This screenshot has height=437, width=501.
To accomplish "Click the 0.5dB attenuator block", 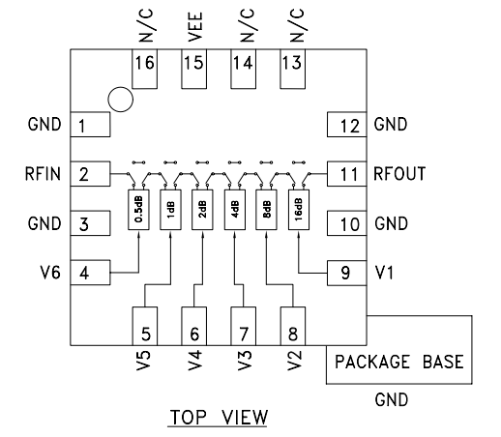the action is tap(138, 210).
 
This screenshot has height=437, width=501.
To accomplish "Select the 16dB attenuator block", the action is tap(299, 210).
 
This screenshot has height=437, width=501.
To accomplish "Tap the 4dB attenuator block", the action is tap(235, 210).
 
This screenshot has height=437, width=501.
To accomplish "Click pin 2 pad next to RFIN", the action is tap(90, 174).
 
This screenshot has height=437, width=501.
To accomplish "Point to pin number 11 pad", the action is tap(347, 174).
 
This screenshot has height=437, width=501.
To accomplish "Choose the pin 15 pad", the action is tap(194, 69).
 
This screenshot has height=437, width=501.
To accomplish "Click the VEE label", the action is tap(194, 27).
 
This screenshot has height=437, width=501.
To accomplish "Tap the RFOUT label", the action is tap(399, 174).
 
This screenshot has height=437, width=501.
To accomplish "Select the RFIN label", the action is tap(43, 174).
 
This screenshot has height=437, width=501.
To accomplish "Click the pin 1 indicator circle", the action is tap(121, 100).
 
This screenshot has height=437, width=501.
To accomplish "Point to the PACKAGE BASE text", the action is tap(399, 362).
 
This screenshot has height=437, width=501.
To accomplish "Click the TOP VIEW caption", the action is tap(219, 417).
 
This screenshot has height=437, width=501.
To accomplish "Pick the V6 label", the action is tap(50, 273).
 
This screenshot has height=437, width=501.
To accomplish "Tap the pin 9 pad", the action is tap(347, 273).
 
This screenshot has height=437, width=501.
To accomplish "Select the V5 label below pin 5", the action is tap(143, 360).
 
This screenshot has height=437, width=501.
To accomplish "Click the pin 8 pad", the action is tap(293, 326).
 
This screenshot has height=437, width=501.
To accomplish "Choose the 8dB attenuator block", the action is tap(266, 210).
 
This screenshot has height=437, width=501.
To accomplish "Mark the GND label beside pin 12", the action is tap(391, 125).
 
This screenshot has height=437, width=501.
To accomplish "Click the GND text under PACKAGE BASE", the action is tap(392, 399).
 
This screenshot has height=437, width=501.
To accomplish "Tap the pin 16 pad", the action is tap(145, 69).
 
